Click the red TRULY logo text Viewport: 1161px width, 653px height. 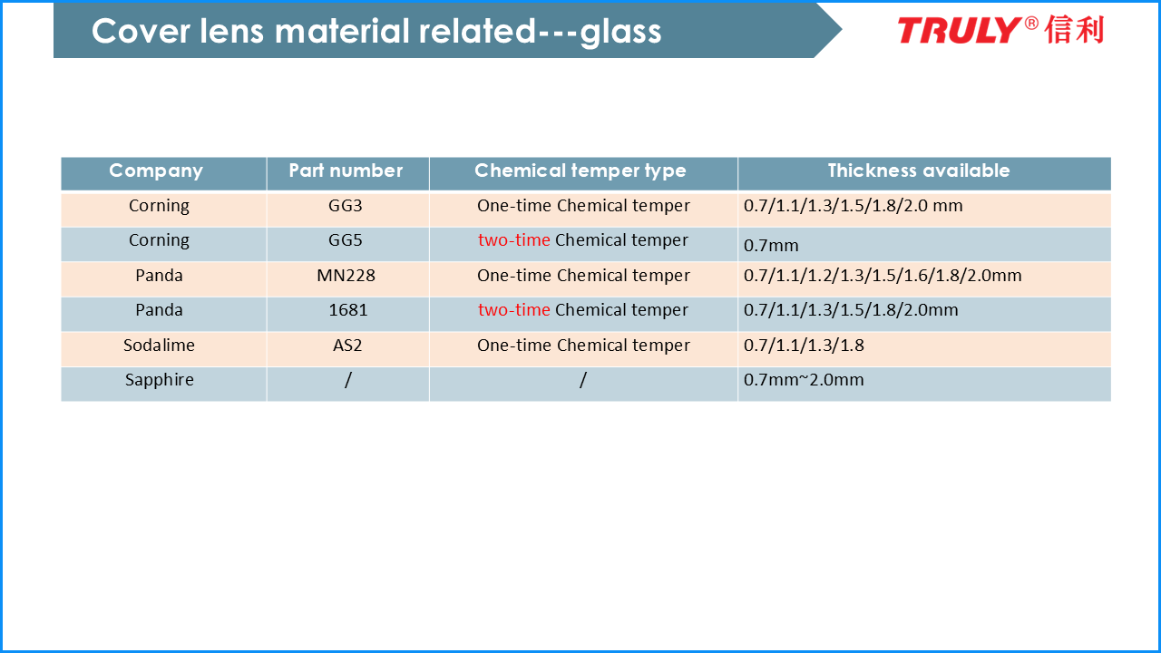coord(960,30)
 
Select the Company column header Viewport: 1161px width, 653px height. coord(155,171)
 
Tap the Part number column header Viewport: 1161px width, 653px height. coord(346,171)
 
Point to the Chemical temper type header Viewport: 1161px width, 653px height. coord(580,171)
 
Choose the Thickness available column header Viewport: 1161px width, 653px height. coord(919,171)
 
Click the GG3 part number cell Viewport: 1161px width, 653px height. coord(346,206)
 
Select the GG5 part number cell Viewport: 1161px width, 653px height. coord(346,240)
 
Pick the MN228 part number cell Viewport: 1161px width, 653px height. coord(346,276)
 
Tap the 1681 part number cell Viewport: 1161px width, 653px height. coord(348,310)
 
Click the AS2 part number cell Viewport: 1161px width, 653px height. coord(347,346)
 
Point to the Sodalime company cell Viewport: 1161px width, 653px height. coord(159,346)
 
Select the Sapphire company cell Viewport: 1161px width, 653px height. coord(160,381)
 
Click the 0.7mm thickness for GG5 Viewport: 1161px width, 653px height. coord(771,246)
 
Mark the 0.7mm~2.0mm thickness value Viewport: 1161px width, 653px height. coord(804,380)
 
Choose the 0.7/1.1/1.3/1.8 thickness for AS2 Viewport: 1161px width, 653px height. coord(804,346)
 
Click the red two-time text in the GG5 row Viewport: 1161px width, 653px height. coord(513,240)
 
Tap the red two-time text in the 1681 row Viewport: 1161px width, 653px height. coord(513,310)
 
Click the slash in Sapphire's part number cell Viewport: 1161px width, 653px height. coord(347,380)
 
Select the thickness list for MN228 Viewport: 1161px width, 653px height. coord(883,276)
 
